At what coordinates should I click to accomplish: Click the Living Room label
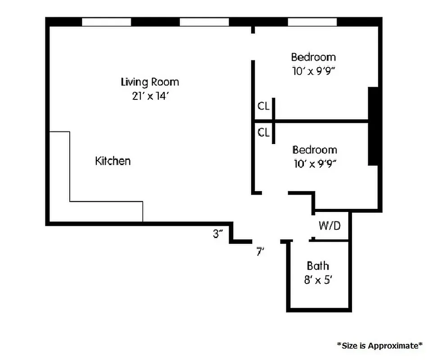coord(149,82)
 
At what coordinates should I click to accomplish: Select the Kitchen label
coord(113,161)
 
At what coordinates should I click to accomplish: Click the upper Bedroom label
coord(313,57)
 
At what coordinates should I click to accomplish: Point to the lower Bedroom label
coord(315,150)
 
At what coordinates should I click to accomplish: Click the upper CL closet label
coord(263,106)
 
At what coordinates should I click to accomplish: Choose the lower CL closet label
coord(263,132)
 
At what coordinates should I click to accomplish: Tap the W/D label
coord(330,225)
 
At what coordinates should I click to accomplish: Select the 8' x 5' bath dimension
coord(318,279)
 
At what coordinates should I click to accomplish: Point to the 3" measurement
coord(218,234)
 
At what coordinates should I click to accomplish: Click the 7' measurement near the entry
coord(259,252)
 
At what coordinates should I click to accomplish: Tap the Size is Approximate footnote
coord(380,345)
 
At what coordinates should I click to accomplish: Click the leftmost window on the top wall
coord(106,22)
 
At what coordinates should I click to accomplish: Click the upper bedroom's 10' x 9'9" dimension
coord(313,71)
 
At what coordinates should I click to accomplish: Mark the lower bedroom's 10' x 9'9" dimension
coord(315,164)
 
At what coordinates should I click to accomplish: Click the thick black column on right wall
coord(373,126)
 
